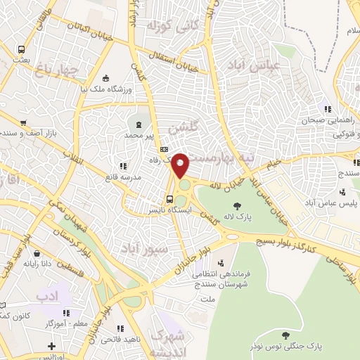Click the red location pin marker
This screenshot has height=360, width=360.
(x=181, y=165)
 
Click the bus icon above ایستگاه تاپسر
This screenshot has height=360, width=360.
(x=169, y=198)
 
